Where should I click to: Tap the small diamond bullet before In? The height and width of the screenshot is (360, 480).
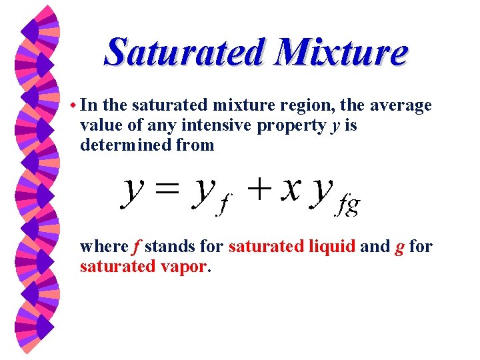73,105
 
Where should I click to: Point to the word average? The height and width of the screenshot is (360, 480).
399,105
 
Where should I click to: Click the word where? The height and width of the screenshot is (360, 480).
103,247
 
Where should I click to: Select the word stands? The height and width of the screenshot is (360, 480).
170,247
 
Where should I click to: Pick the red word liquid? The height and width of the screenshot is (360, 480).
332,247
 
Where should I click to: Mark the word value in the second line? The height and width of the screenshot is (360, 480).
99,125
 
